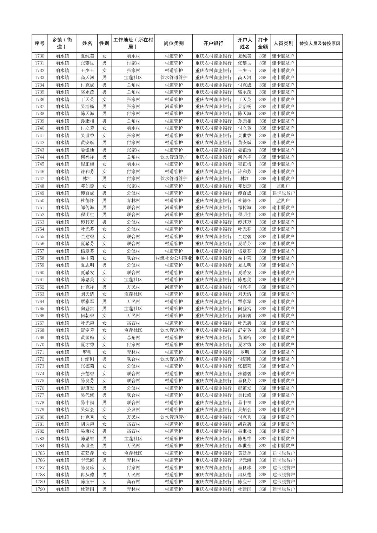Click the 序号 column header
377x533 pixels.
40,43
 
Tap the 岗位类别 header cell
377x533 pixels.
173,43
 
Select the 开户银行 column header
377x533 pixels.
213,43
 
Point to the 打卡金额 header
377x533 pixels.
263,43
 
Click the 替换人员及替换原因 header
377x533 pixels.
319,43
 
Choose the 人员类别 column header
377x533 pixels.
283,43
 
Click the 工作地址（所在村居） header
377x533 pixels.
133,43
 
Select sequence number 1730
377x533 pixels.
40,56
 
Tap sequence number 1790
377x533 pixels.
40,489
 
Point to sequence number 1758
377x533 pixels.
40,258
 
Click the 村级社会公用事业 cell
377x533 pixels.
173,258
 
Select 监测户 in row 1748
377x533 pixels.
283,186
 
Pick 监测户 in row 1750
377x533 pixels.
283,201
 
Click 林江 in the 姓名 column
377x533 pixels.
87,178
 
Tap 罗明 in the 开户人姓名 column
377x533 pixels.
245,352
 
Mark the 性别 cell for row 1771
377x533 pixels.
104,352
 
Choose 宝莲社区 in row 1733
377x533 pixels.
133,77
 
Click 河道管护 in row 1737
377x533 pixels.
173,107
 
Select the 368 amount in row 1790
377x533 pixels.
263,489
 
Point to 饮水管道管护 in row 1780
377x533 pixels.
173,417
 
